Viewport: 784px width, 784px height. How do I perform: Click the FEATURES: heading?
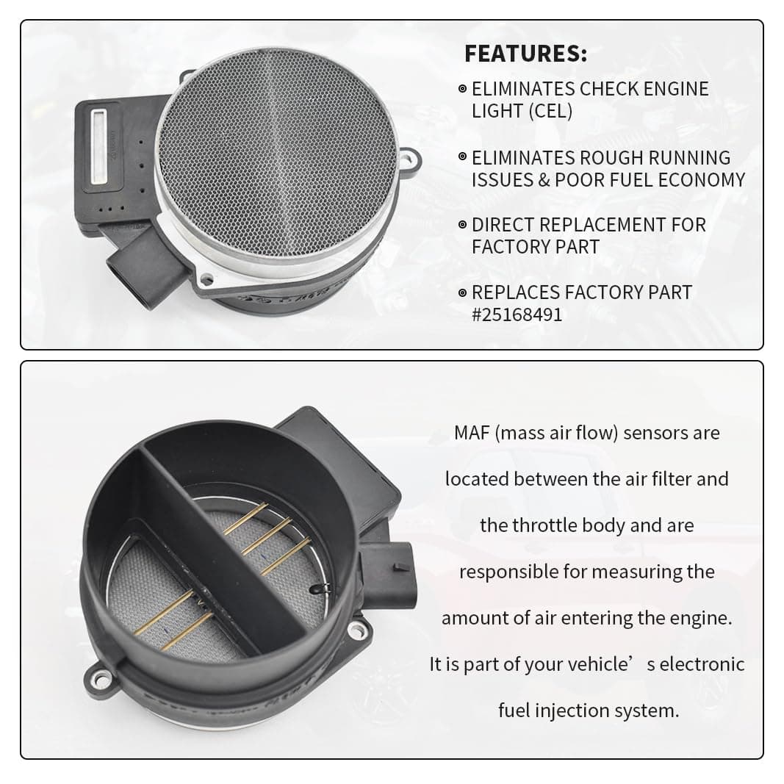(x=525, y=54)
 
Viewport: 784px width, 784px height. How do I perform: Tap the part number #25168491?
(x=517, y=314)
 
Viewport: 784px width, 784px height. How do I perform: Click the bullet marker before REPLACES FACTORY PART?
(x=462, y=292)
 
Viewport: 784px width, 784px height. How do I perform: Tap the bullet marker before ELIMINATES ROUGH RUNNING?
(x=462, y=157)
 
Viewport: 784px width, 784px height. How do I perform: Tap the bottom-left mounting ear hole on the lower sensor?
(x=103, y=679)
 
